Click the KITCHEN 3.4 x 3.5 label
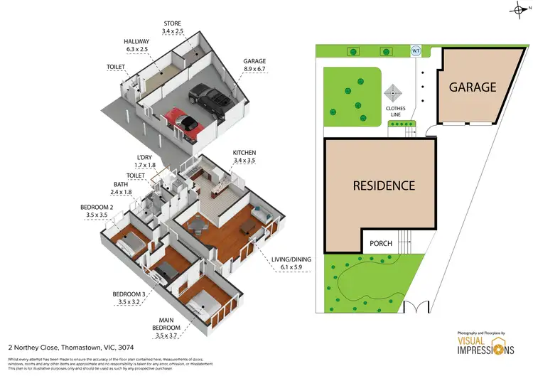pos(244,157)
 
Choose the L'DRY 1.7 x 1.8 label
pos(145,161)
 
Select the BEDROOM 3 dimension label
pos(128,298)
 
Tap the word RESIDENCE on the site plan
pos(384,186)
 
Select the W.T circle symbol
pos(416,51)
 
